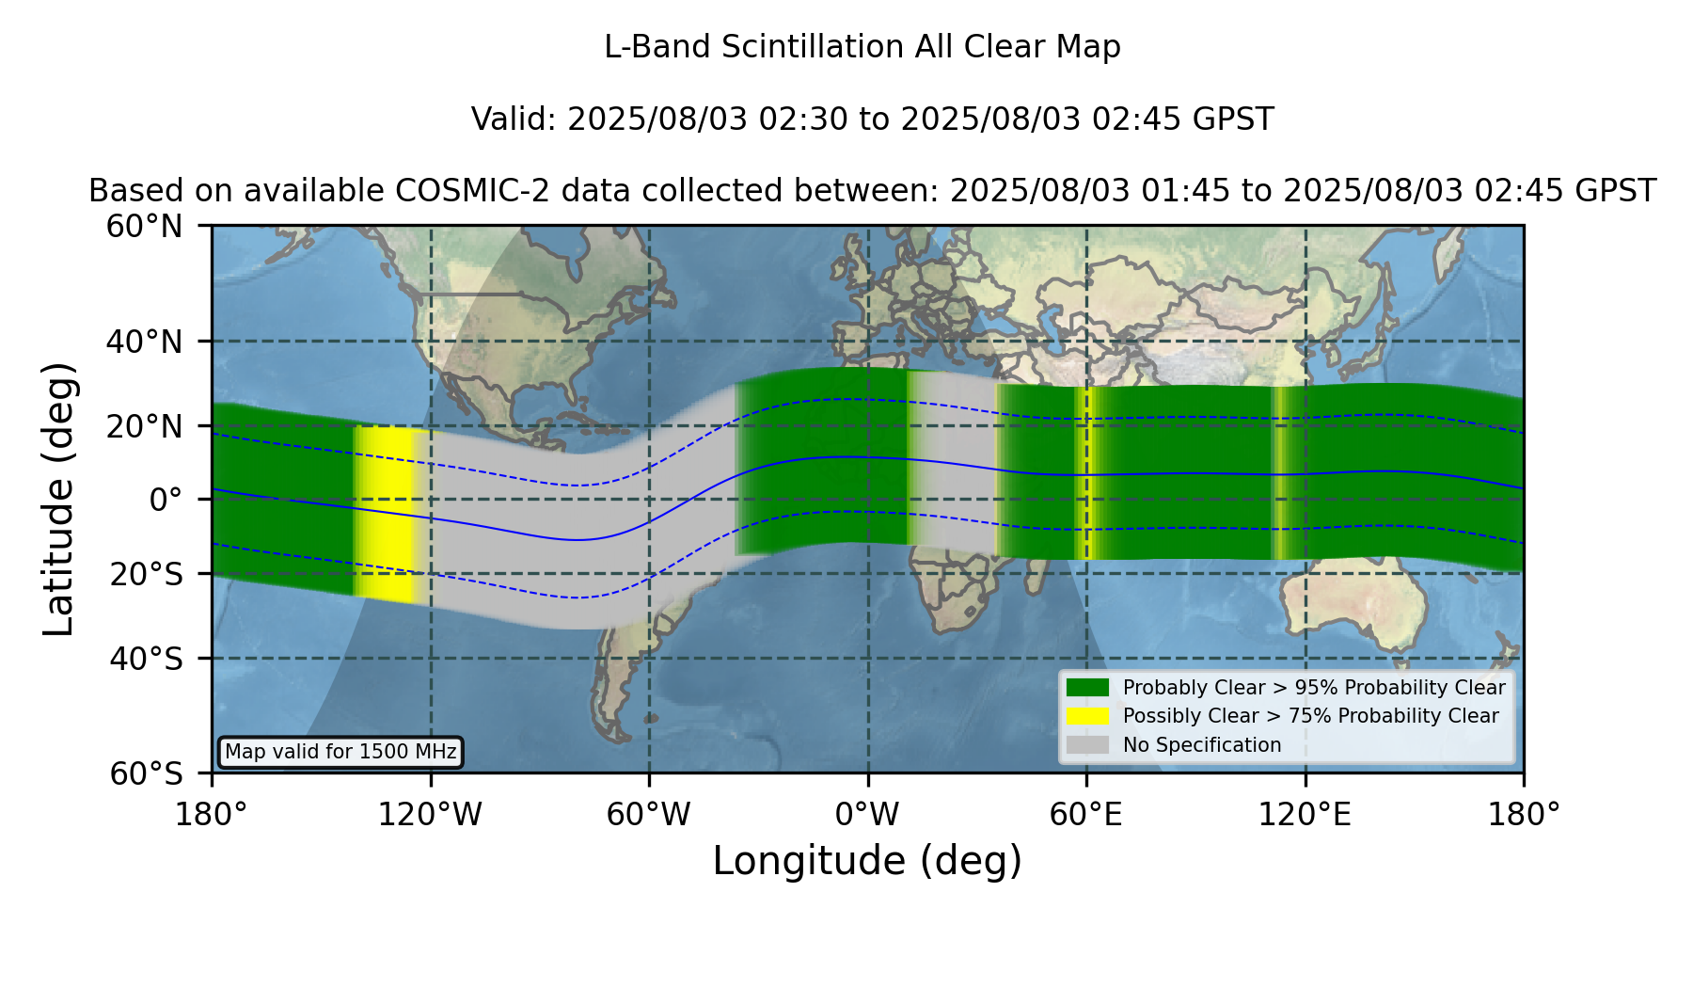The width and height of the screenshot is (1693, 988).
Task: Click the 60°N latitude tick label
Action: (144, 227)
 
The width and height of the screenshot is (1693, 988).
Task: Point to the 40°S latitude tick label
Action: (146, 659)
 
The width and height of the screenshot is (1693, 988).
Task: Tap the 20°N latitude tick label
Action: (144, 426)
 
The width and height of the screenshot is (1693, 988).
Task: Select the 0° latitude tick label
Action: (166, 500)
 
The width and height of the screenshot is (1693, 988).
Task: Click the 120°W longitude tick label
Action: (430, 815)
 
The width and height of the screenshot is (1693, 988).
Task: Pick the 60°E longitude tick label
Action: (1086, 815)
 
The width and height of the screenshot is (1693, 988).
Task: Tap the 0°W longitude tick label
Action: (867, 815)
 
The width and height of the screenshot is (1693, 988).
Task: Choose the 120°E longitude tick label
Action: (1305, 815)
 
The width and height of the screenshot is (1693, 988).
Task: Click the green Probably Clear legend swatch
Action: (1088, 688)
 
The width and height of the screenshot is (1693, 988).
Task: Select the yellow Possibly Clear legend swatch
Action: (1088, 716)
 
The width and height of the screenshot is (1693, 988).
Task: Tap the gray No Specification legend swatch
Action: (1088, 745)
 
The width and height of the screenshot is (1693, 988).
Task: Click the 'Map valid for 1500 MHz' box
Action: (340, 752)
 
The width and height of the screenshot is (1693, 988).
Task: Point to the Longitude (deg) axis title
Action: (867, 862)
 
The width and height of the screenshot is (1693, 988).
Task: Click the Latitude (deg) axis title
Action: (59, 499)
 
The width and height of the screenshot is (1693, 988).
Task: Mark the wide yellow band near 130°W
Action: (387, 513)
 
